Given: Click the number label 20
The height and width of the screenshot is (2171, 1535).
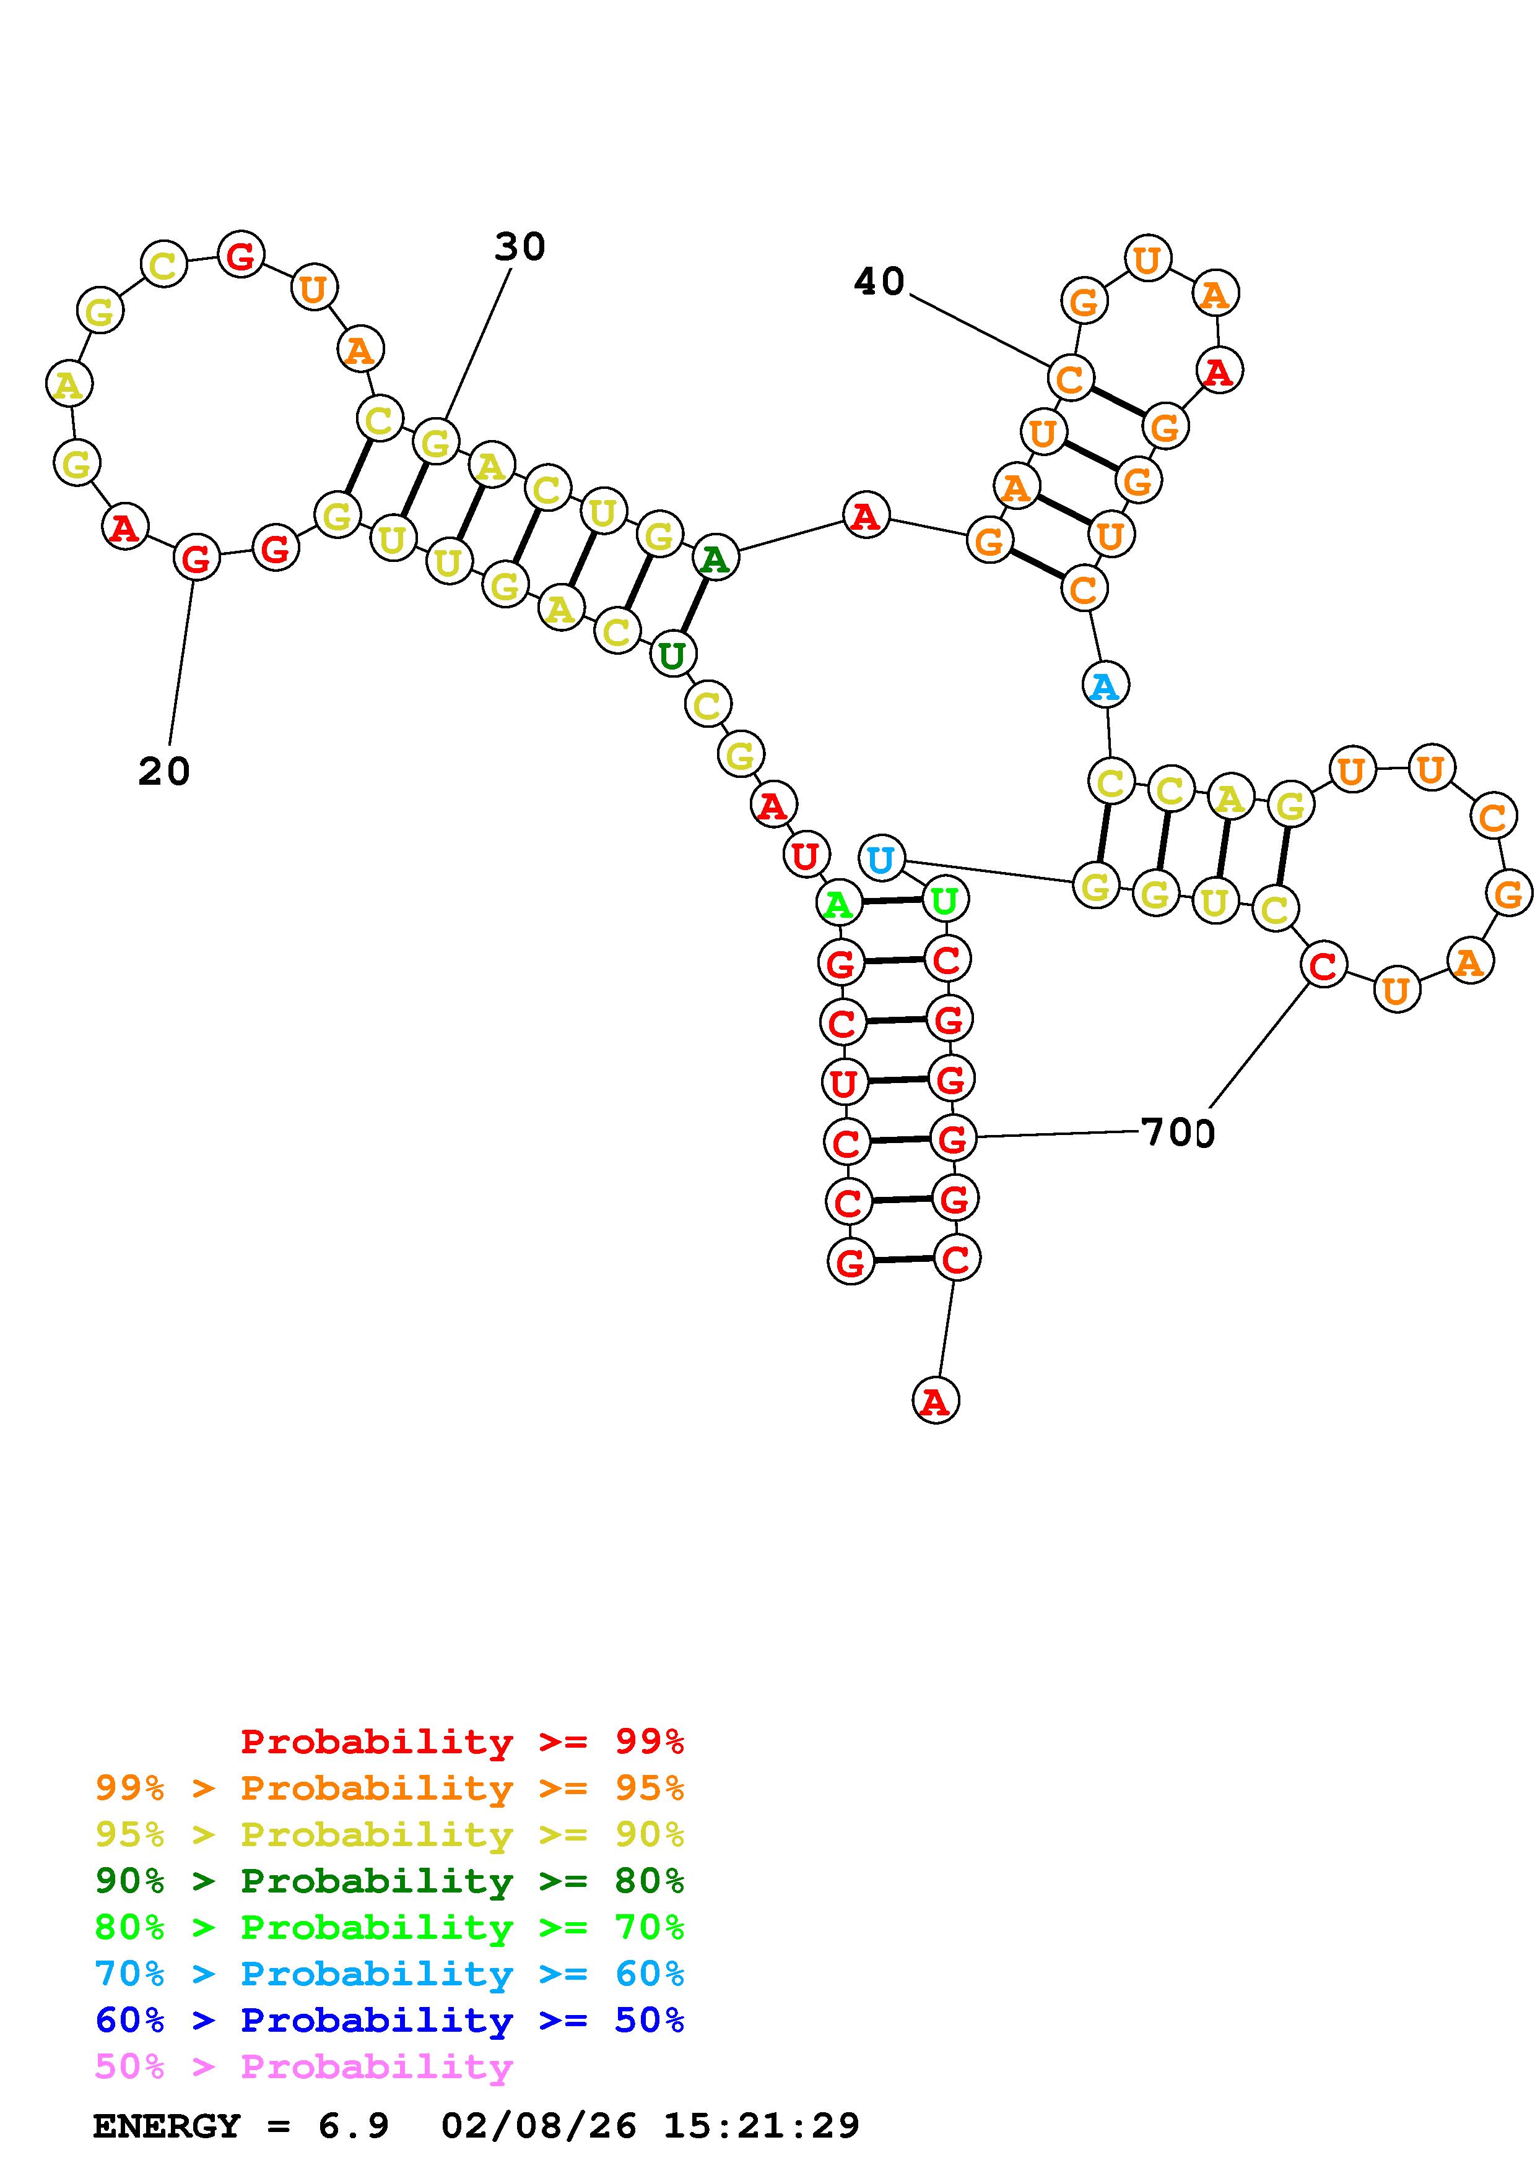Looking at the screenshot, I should pos(163,772).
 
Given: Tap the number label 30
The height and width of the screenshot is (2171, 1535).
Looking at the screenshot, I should pos(520,247).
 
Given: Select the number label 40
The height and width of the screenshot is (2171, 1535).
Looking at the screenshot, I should pos(879,281).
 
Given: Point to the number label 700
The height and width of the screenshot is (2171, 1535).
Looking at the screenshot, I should pos(1176,1132).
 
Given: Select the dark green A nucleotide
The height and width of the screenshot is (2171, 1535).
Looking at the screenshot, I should pos(715,559).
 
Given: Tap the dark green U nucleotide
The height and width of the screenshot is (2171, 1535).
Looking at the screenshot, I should pos(672,654).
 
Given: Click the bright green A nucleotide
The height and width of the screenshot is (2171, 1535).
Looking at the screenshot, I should pos(838,904).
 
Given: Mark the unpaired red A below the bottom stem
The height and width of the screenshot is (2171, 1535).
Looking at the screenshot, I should pos(936,1401).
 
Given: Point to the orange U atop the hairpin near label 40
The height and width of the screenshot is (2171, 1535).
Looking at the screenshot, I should pos(1147,258).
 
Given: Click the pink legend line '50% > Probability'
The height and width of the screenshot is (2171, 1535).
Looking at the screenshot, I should pos(303,2066).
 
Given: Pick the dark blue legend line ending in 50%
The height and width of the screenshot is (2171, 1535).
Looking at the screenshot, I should pos(389,2020).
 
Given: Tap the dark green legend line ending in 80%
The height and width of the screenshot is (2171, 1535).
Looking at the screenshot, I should pos(389,1881).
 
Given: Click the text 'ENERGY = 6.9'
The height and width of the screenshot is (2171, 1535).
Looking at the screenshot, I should pos(240,2125).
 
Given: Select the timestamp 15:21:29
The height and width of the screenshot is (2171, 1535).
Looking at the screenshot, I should pos(762,2125).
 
